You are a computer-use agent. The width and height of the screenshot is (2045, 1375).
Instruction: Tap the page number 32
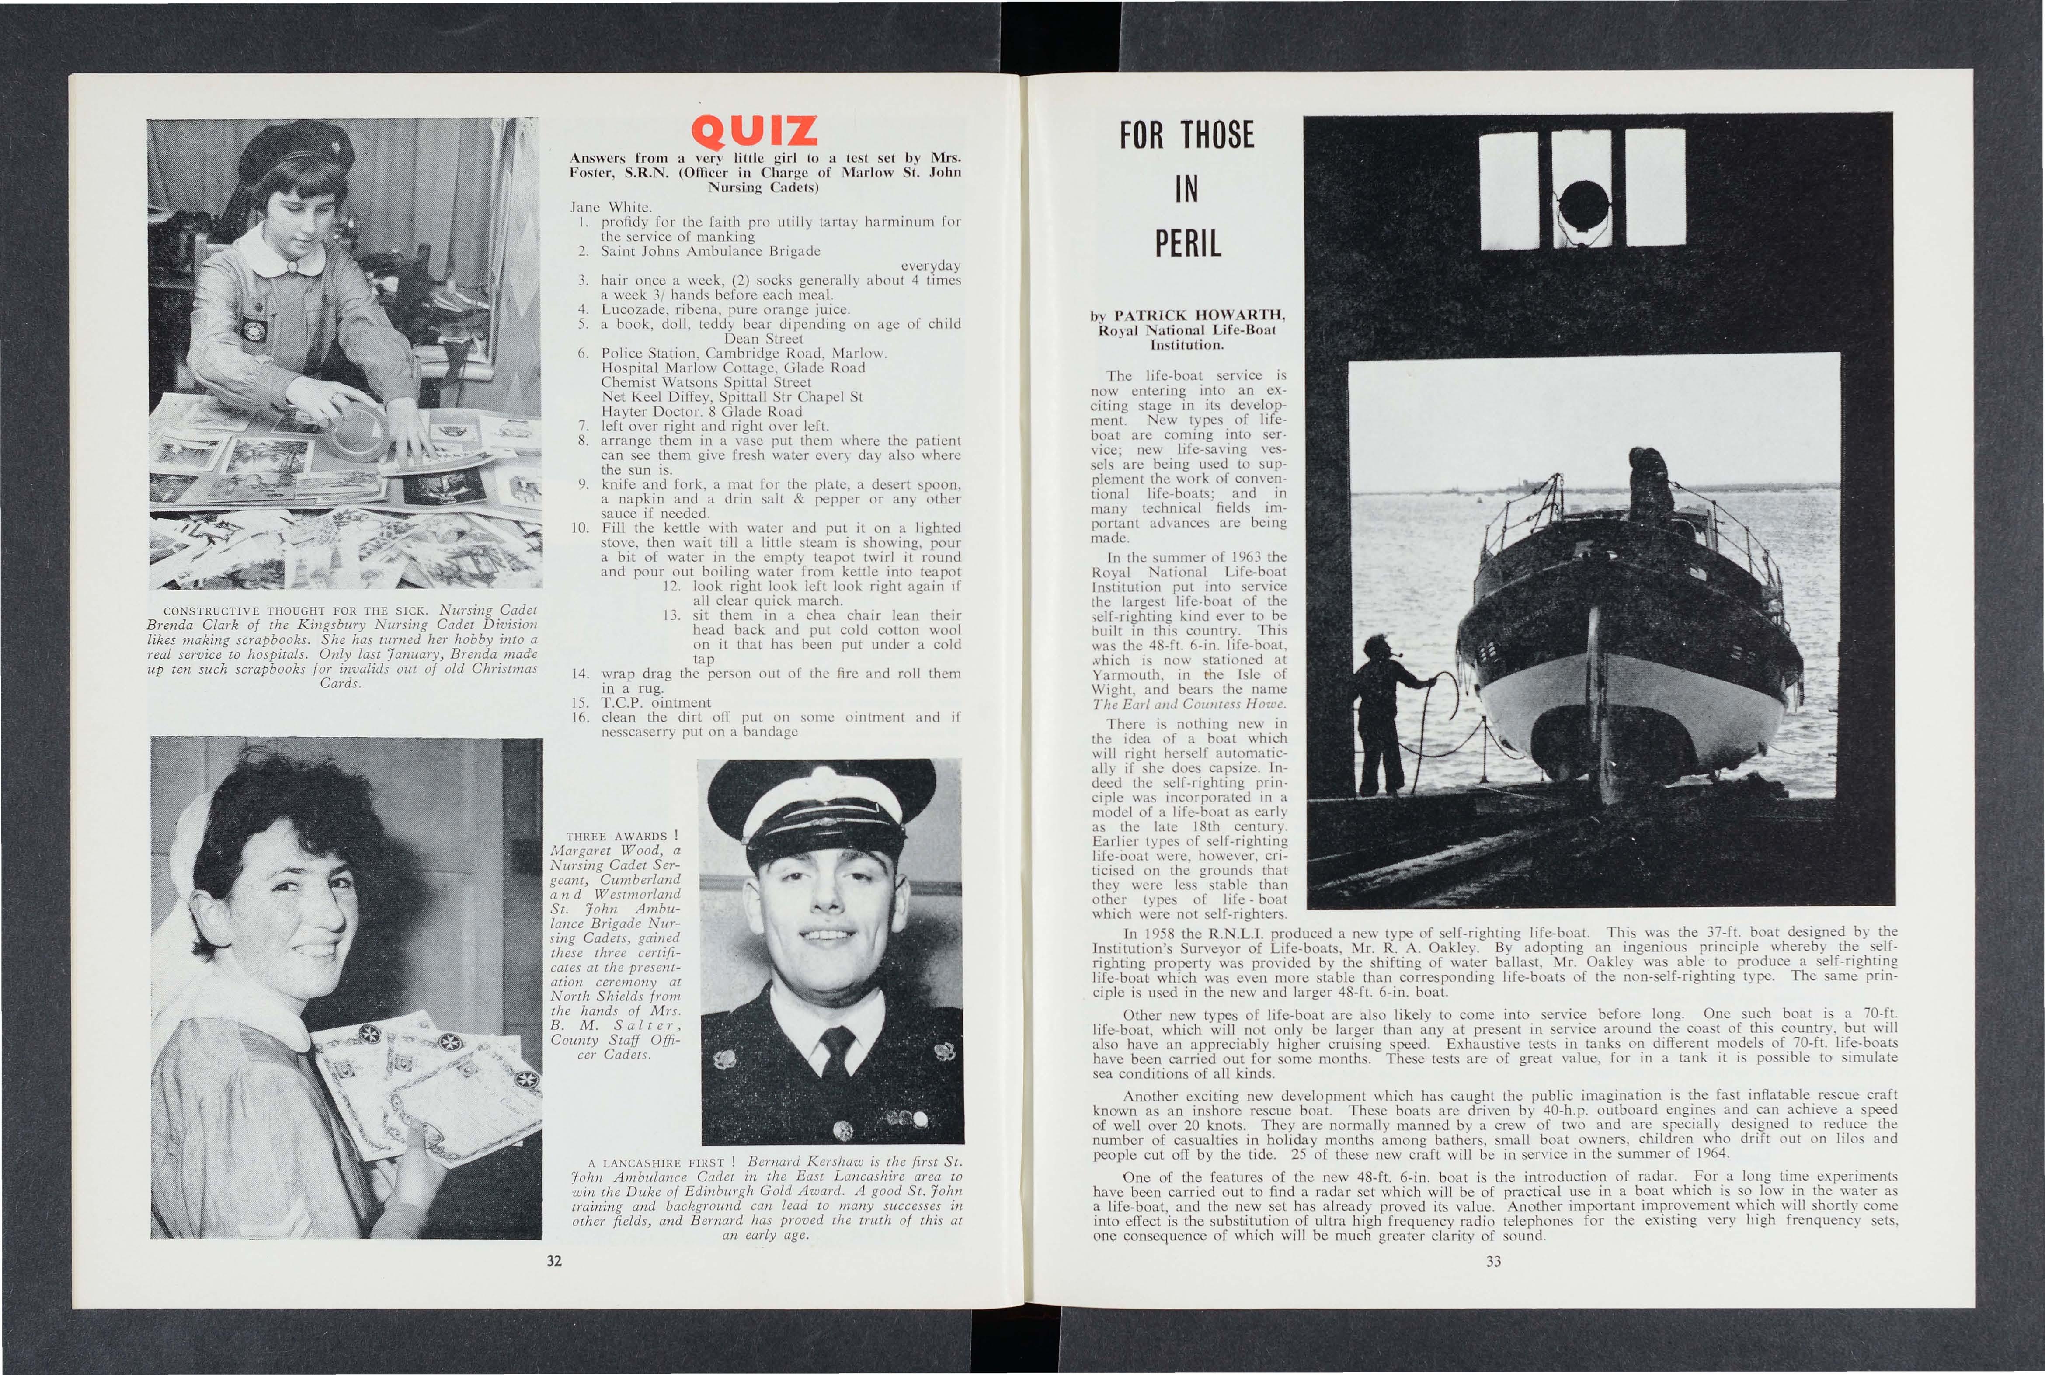(x=553, y=1261)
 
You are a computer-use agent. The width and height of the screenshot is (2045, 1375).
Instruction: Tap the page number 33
(x=1493, y=1261)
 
